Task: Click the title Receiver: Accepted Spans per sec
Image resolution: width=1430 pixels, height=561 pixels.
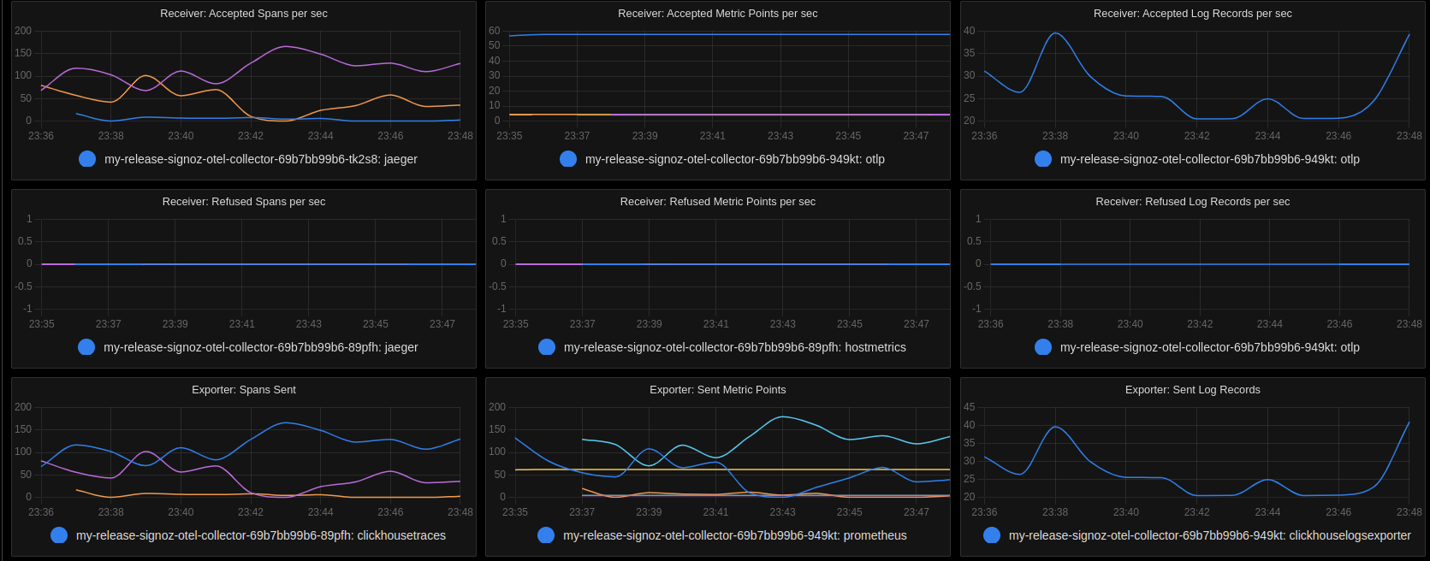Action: [x=243, y=14]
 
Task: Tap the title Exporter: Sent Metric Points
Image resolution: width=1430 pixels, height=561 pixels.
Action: [x=717, y=390]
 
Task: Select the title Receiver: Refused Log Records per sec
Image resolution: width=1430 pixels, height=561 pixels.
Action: [x=1192, y=202]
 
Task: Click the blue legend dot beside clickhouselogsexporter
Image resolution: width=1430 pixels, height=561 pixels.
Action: [x=992, y=535]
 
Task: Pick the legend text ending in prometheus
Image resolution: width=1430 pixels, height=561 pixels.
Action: [x=734, y=535]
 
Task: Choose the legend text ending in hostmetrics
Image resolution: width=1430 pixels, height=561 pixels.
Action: [x=734, y=347]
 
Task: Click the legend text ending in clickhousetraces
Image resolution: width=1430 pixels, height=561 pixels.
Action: [x=260, y=535]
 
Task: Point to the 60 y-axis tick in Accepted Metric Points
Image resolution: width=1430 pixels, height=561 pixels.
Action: [x=494, y=31]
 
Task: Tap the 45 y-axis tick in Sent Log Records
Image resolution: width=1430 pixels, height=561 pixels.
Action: [x=969, y=407]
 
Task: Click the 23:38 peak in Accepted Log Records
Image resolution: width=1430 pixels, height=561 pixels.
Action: [x=1055, y=33]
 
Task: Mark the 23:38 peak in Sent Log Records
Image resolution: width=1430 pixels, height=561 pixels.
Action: [x=1055, y=427]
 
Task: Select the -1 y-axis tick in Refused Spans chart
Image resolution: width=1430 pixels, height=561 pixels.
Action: [x=27, y=309]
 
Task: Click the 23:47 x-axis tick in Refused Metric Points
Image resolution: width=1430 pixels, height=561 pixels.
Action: [x=916, y=324]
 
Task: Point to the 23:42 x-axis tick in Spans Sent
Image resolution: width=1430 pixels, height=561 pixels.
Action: [x=251, y=512]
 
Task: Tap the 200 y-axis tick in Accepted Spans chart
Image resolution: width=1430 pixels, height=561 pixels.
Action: [x=23, y=31]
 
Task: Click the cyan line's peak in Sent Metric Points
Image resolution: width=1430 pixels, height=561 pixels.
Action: [x=782, y=416]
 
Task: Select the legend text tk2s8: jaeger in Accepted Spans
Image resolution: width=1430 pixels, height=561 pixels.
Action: [x=260, y=159]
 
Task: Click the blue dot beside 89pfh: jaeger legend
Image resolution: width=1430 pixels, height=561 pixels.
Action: [x=86, y=347]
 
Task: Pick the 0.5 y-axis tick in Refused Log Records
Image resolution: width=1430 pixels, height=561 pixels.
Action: [x=974, y=241]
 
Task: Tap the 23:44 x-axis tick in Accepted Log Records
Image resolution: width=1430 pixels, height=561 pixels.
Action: [x=1267, y=136]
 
